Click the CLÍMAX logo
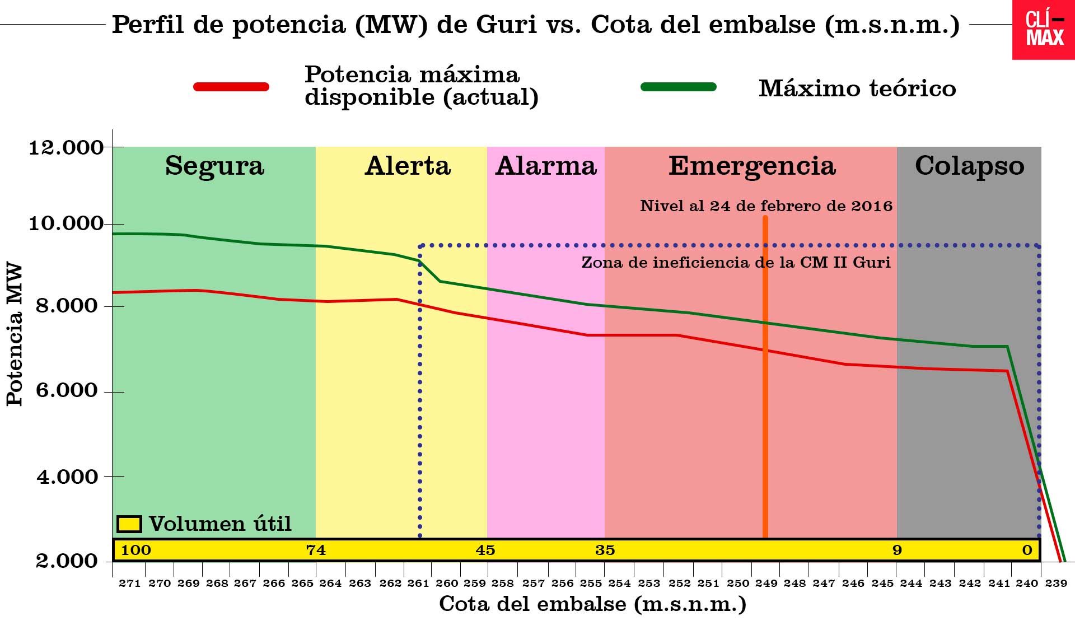1044,29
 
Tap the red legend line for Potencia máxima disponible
231,87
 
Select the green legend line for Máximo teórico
678,87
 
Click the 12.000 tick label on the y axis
66,148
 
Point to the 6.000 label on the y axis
66,390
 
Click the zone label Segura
214,166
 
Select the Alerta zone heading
408,166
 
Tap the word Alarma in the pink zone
546,166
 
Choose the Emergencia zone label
752,166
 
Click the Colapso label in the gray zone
969,166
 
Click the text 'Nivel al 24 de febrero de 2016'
766,206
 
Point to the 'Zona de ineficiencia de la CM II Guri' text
736,263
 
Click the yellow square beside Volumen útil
129,524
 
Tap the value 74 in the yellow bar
316,550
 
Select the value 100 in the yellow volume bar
136,550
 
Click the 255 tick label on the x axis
591,584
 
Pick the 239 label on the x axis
1056,584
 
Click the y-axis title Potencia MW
15,334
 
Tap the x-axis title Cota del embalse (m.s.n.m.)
592,604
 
